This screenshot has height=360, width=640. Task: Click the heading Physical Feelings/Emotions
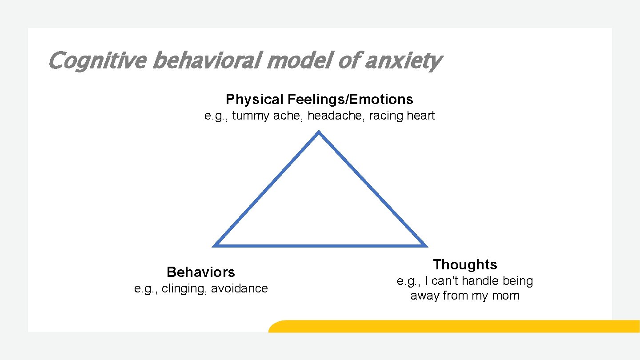click(x=319, y=99)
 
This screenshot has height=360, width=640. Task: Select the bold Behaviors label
click(x=201, y=272)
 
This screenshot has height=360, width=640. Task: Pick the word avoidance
click(x=240, y=289)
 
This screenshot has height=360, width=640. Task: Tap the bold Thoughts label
click(x=465, y=264)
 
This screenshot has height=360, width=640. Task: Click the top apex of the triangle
click(x=319, y=132)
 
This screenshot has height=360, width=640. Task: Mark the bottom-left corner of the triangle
click(x=215, y=245)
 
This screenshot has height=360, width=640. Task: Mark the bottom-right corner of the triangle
click(x=425, y=245)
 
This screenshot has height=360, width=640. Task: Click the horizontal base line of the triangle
click(x=320, y=245)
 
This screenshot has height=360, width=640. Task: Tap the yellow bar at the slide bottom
click(x=453, y=326)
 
